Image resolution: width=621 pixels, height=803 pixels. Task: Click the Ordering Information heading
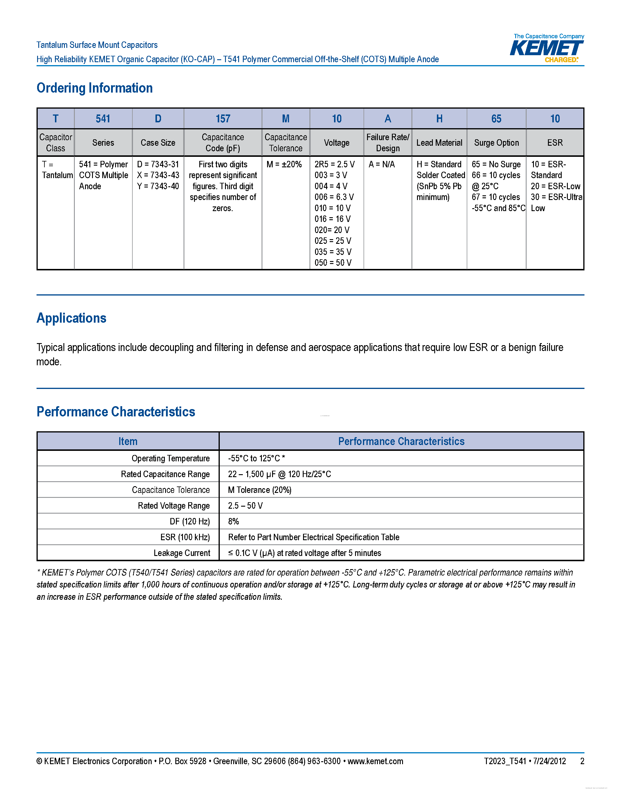[x=95, y=88]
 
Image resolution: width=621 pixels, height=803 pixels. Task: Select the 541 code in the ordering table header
[x=103, y=119]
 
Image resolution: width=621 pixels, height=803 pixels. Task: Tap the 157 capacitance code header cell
[x=223, y=119]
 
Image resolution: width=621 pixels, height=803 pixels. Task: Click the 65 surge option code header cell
[x=496, y=119]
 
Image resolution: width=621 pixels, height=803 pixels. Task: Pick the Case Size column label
[x=158, y=143]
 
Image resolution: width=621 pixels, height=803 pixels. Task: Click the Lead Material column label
[x=439, y=143]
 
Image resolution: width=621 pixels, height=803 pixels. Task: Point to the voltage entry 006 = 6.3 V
[x=334, y=197]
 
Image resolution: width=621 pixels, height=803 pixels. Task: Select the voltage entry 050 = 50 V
[x=333, y=263]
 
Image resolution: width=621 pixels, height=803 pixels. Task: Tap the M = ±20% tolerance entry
[x=284, y=164]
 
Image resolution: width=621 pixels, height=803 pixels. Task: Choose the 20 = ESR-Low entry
[x=555, y=186]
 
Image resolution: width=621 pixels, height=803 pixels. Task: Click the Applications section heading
[x=71, y=318]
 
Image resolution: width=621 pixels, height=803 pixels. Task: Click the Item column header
[x=128, y=441]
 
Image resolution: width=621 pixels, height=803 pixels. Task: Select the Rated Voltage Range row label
[x=174, y=505]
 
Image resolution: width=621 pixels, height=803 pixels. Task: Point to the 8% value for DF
[x=233, y=521]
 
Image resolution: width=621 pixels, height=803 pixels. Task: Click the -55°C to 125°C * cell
[x=256, y=458]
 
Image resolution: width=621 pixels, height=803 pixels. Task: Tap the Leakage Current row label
[x=182, y=553]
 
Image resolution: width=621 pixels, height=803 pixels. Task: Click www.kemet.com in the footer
[x=375, y=761]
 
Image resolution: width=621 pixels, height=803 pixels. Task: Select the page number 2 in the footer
[x=582, y=761]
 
